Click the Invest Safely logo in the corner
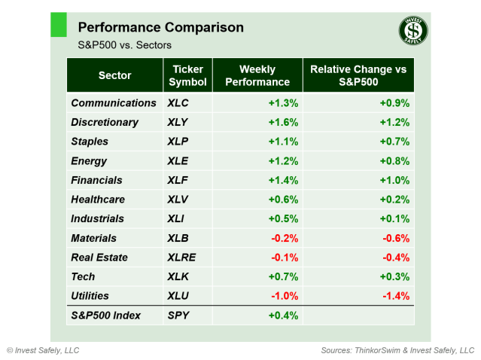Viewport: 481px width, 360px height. click(x=413, y=32)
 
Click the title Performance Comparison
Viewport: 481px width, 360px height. click(x=161, y=28)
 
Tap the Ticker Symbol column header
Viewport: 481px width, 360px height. click(x=187, y=75)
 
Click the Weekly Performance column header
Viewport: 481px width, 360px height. click(x=257, y=75)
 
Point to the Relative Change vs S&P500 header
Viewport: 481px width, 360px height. click(x=358, y=75)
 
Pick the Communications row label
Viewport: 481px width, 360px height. click(x=114, y=102)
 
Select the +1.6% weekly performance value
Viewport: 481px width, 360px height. click(x=283, y=122)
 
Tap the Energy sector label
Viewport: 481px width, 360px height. click(x=89, y=160)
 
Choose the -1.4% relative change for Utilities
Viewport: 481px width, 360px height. click(x=394, y=296)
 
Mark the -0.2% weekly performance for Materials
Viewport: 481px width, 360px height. click(x=284, y=238)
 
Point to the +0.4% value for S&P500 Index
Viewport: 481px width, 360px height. click(x=283, y=315)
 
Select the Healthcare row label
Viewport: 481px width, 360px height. click(x=98, y=200)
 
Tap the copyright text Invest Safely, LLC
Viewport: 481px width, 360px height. click(x=43, y=350)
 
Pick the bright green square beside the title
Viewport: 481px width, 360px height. click(x=58, y=24)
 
